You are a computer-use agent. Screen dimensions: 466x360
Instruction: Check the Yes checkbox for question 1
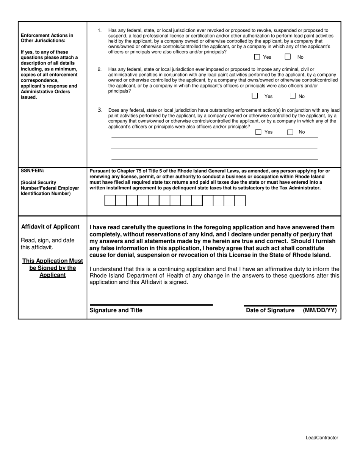pos(257,57)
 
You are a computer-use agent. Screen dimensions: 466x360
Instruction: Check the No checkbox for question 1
pos(288,57)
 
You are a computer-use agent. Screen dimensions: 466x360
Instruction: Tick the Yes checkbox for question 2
pos(255,96)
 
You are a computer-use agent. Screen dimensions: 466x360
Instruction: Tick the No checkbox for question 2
pos(293,96)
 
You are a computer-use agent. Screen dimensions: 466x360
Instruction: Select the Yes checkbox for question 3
pos(258,132)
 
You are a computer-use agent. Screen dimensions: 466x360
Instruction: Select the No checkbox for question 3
pos(290,132)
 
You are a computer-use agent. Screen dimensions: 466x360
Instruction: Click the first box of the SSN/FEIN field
pos(110,200)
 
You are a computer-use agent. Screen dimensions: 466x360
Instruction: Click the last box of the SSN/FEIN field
pos(240,200)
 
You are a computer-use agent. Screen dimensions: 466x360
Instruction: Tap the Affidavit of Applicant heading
pos(50,227)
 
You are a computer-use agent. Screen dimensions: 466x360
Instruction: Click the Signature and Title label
pos(116,310)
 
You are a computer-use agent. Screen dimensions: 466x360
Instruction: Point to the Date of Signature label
pos(270,310)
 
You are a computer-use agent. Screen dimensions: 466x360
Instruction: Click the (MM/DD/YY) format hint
pos(319,310)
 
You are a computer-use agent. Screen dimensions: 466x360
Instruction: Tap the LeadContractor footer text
pos(322,438)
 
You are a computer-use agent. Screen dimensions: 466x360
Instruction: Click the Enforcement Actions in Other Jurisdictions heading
pos(47,38)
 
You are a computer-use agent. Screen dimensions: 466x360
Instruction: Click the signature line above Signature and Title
pos(151,305)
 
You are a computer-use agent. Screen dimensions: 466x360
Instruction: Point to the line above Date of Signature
pos(290,305)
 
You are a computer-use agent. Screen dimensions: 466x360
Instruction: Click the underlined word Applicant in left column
pos(52,275)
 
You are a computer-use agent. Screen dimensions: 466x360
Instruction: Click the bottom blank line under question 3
pos(214,160)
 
